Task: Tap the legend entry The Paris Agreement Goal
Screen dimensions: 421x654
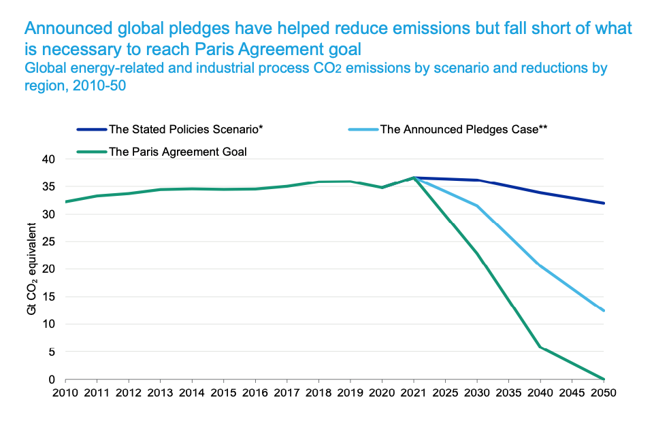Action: pos(178,152)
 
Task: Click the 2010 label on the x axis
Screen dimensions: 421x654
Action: pos(65,393)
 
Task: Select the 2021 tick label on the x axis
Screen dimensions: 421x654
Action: pos(413,393)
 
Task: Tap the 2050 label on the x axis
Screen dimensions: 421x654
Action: pos(604,393)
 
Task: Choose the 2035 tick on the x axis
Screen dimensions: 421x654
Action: pos(508,393)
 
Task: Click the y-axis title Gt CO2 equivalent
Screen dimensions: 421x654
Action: pos(31,269)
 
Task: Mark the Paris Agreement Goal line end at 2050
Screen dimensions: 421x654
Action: pos(604,379)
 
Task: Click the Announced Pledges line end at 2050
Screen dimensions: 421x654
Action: pos(604,311)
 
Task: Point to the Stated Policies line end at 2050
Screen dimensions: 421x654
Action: pos(604,203)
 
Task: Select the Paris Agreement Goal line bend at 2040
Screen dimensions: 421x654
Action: pos(540,347)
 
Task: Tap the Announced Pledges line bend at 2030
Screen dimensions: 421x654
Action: pos(477,206)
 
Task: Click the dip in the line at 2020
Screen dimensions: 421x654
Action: pos(382,187)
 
